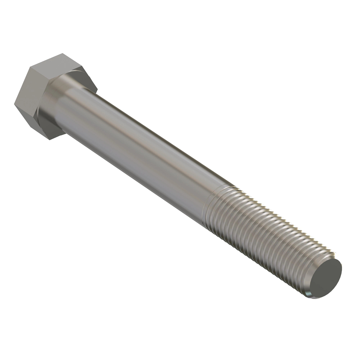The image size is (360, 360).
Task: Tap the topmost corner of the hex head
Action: [63, 54]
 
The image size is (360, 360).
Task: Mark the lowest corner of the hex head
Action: [49, 139]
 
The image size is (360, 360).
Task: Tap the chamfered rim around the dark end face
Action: [312, 292]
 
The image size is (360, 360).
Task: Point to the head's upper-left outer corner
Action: [29, 68]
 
